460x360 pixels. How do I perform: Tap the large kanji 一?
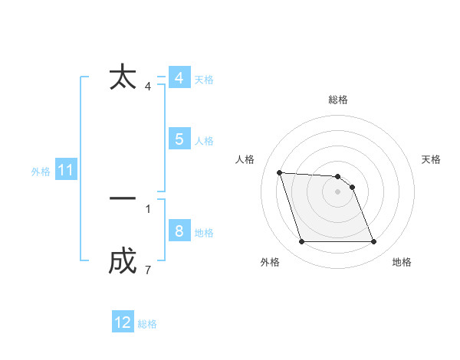coord(123,198)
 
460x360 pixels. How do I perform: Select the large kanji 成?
coord(123,262)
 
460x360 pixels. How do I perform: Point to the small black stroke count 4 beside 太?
coord(148,87)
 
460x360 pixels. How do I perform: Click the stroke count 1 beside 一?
coord(148,208)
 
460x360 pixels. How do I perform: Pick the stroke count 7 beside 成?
coord(148,270)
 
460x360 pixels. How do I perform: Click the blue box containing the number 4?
coord(179,78)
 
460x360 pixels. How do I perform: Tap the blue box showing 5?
coord(179,139)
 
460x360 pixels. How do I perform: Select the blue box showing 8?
coord(179,231)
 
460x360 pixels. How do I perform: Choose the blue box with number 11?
coord(65,171)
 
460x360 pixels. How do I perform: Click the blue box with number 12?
coord(123,322)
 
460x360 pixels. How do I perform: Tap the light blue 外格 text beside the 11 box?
coord(41,172)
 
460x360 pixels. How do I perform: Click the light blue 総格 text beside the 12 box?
coord(147,324)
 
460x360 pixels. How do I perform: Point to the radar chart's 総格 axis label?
coord(338,100)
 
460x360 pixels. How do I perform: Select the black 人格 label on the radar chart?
coord(245,159)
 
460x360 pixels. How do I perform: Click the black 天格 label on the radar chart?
coord(431,159)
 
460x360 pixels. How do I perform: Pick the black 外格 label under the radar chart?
coord(270,263)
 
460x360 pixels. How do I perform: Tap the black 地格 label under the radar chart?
coord(402,263)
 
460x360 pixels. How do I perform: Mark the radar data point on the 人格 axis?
coord(280,173)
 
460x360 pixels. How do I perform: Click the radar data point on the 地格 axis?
coord(373,242)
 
